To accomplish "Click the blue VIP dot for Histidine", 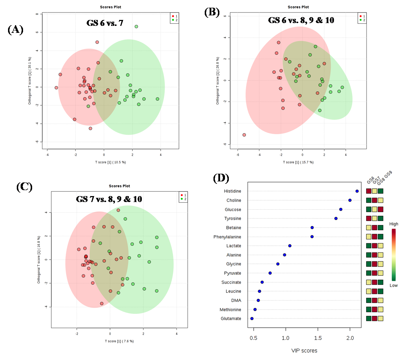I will (x=357, y=191).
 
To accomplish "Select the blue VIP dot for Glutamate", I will (x=252, y=318).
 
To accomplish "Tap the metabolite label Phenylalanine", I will (x=227, y=237).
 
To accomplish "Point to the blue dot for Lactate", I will (x=290, y=246).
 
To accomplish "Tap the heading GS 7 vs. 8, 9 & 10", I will (x=109, y=199).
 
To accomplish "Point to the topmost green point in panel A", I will (x=136, y=27).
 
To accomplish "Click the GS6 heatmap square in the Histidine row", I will (x=369, y=191).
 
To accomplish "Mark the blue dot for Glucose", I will (x=341, y=209).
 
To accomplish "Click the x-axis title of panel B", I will (x=298, y=162).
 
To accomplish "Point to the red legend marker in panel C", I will (x=181, y=194).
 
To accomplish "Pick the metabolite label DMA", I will (x=236, y=300).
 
